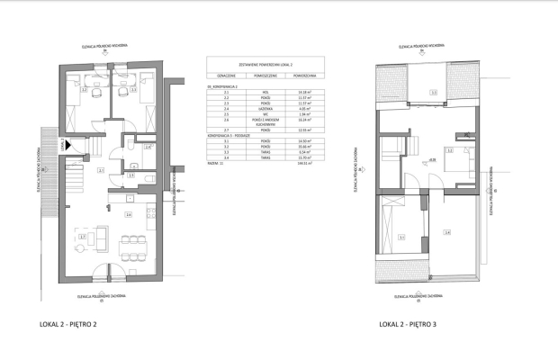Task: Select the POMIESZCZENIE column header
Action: [x=270, y=76]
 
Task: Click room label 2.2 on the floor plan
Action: [x=84, y=90]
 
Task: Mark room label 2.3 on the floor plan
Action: [x=133, y=90]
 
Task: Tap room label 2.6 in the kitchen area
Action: [x=129, y=215]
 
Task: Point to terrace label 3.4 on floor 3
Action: [x=446, y=232]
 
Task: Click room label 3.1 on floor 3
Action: [x=401, y=238]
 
